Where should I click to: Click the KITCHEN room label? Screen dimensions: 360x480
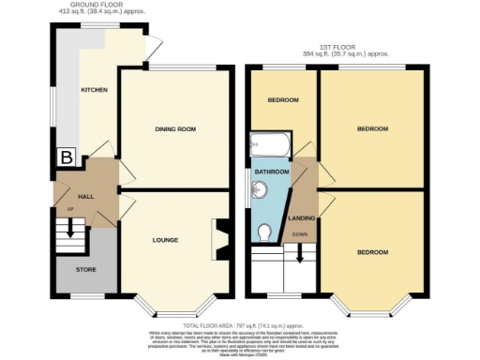(94, 90)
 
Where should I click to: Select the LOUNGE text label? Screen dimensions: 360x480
(165, 240)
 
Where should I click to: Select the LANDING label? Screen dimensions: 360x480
(303, 217)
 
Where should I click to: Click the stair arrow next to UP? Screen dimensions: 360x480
(70, 220)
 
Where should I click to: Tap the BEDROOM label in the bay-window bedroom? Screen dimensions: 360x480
(372, 252)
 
